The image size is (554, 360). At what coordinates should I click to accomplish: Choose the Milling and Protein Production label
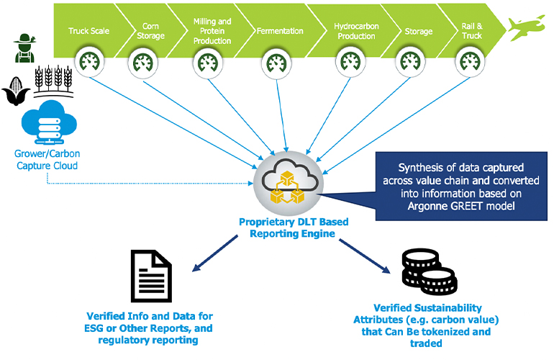pos(212,32)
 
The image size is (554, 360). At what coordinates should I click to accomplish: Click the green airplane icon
pos(530,27)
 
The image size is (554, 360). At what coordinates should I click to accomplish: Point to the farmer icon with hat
pos(24,48)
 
